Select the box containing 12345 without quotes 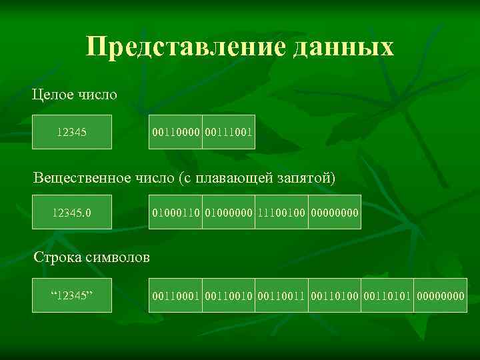(x=72, y=132)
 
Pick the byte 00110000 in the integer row (x=175, y=132)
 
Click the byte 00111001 (x=228, y=132)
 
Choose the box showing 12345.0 (x=72, y=213)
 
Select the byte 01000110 (x=175, y=213)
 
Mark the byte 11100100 (x=281, y=213)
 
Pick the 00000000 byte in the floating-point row (x=334, y=213)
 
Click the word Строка (x=57, y=257)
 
